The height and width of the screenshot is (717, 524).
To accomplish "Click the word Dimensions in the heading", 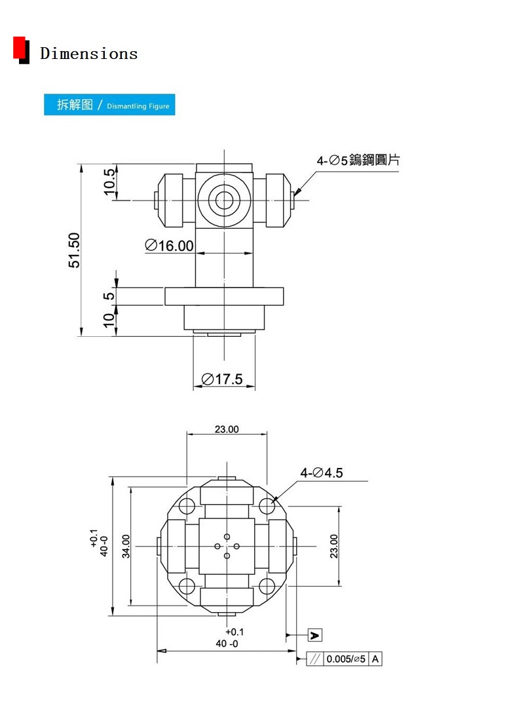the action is (x=88, y=53).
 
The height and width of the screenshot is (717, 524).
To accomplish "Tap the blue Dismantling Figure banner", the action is (x=109, y=105).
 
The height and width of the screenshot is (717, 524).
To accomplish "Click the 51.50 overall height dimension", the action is (x=74, y=250).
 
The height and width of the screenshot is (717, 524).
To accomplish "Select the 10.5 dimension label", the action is (x=109, y=182).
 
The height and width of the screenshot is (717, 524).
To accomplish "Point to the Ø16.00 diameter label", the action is (x=169, y=246).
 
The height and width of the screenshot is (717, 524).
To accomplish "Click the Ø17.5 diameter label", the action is (x=222, y=379).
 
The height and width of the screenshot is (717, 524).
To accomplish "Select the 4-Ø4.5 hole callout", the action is (x=321, y=473).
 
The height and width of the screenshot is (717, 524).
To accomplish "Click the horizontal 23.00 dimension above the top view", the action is (x=227, y=429).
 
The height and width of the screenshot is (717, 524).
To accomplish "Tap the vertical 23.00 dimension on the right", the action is (x=334, y=546).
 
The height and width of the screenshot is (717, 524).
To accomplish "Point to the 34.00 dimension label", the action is (x=126, y=546).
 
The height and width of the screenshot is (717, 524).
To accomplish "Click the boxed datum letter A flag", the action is (x=315, y=635).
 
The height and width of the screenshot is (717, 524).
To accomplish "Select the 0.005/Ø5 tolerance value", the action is (x=346, y=659).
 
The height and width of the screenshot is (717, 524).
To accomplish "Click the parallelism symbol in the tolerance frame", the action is (x=315, y=659).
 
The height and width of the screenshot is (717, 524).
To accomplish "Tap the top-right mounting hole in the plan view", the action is (x=267, y=506).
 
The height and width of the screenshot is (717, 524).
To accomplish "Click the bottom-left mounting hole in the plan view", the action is (x=187, y=586).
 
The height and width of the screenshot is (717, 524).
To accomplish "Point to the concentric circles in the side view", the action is (x=224, y=200).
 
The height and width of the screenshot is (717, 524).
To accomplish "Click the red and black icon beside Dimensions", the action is (x=21, y=50).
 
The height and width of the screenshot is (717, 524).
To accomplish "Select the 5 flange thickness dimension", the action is (x=109, y=296).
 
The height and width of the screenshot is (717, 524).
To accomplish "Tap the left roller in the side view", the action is (x=170, y=201).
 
